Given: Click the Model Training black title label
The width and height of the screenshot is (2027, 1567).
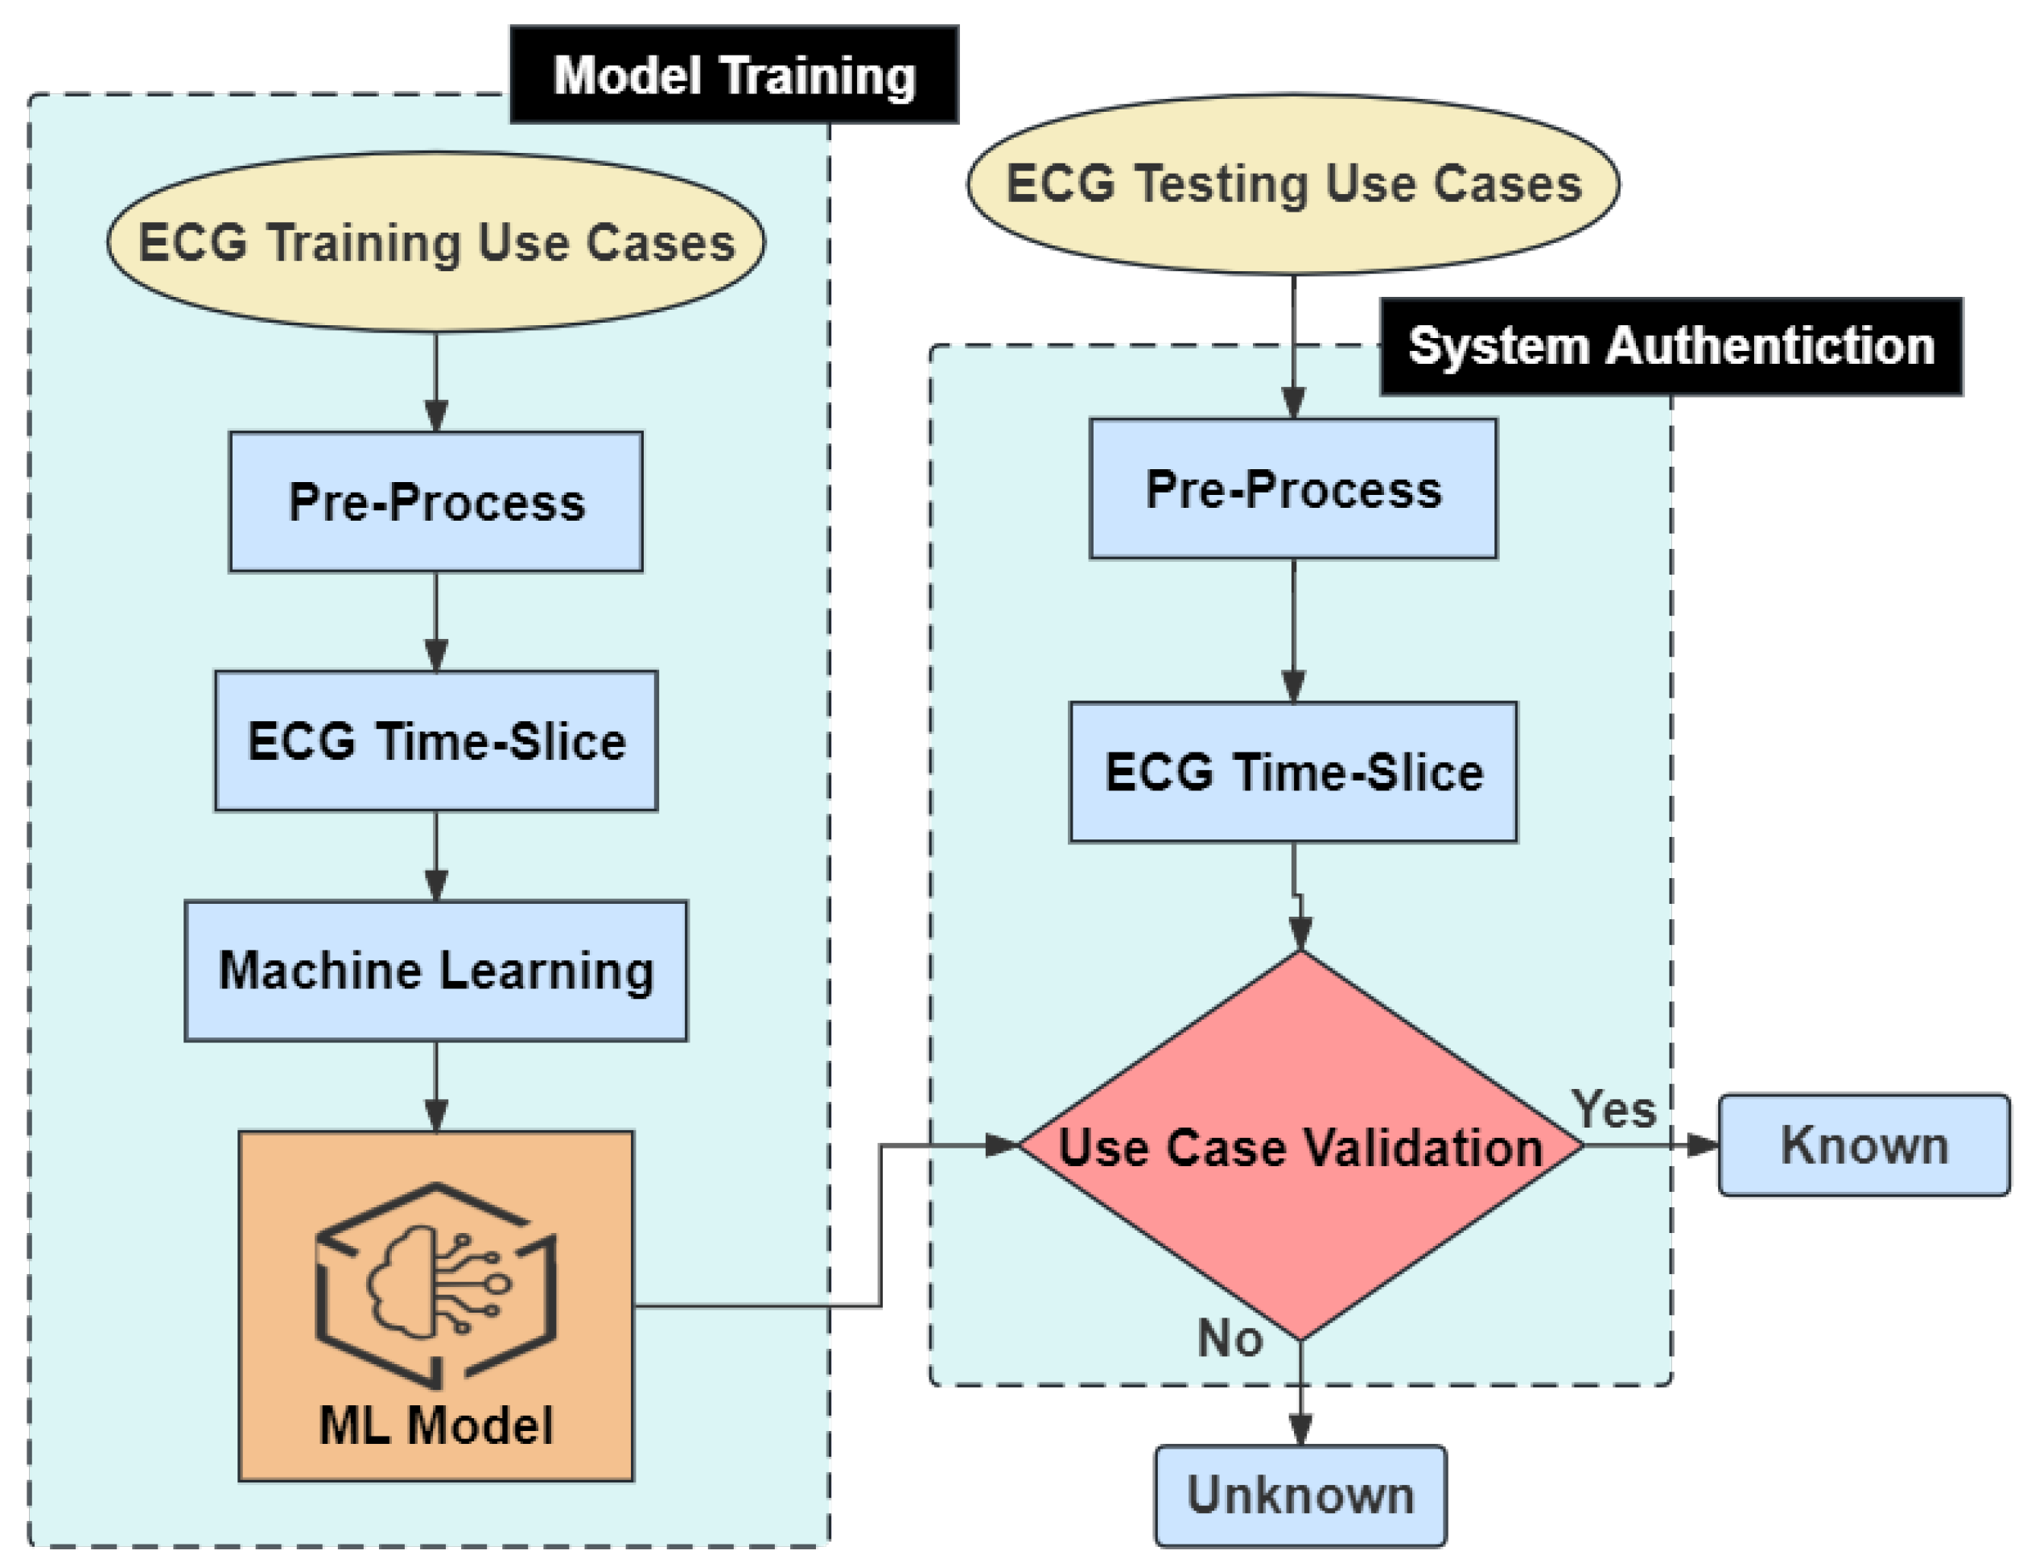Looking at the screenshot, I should click(733, 75).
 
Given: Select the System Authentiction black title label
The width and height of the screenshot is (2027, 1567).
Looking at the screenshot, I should click(1671, 347).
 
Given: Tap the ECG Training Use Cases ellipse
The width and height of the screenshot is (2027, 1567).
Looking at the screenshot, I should click(436, 242).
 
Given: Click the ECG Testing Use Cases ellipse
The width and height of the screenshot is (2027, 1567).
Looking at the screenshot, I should click(1293, 184).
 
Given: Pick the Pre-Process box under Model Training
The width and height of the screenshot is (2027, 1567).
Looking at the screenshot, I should click(436, 502).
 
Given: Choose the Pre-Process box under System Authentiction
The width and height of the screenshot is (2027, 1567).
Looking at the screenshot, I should click(1293, 489).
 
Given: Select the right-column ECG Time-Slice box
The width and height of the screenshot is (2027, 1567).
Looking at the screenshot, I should click(1293, 773).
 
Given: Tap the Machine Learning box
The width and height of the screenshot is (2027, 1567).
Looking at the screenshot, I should click(436, 971).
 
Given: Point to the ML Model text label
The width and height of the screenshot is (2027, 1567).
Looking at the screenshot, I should click(436, 1426).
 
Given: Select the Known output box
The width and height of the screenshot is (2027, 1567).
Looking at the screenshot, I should click(1864, 1145).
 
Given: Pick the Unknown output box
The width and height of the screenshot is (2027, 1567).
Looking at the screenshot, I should click(1300, 1495).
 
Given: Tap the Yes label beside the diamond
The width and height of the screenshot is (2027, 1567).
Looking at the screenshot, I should click(1613, 1109).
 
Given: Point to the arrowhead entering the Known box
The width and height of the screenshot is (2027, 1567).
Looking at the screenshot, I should click(1703, 1145).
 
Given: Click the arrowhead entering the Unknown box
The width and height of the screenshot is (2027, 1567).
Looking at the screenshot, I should click(1300, 1429).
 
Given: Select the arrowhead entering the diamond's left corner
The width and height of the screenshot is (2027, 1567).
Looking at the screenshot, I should click(1003, 1145).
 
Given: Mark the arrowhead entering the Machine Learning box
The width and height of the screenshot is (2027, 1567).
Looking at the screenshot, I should click(436, 885).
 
